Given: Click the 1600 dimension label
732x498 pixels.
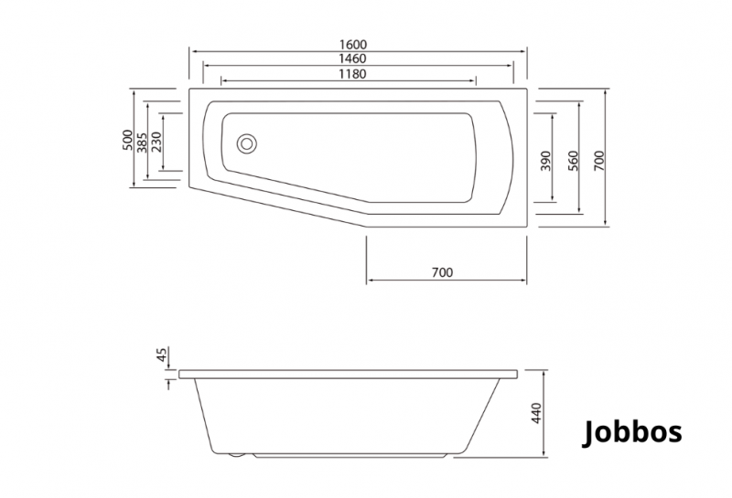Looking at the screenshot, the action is (x=353, y=44).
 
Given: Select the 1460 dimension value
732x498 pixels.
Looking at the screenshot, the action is (x=353, y=58).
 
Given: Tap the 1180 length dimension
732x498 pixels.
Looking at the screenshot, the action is (x=353, y=74).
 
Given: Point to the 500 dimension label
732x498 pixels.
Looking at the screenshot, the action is (x=127, y=140).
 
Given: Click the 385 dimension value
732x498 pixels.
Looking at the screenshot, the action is (x=142, y=143).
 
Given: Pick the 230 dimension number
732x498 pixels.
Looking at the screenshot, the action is (x=156, y=142).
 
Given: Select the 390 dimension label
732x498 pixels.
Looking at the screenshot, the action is (x=545, y=161).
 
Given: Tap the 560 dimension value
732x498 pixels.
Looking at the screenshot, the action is (x=573, y=161).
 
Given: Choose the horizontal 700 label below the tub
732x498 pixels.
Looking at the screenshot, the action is (x=442, y=272).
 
